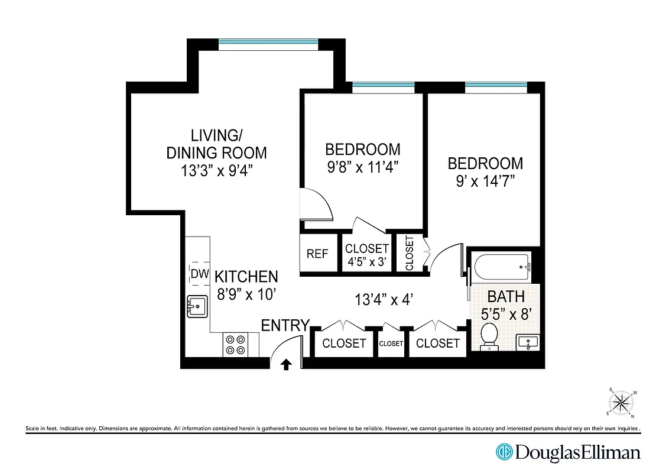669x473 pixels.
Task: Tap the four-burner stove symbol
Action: [x=235, y=345]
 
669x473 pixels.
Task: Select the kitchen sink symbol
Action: [x=198, y=307]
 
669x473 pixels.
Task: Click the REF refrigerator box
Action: [x=317, y=254]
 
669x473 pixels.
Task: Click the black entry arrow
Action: [x=287, y=364]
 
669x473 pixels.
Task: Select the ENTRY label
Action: [x=285, y=325]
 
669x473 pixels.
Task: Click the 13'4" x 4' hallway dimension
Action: [x=383, y=300]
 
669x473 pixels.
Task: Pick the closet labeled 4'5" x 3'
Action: [x=367, y=255]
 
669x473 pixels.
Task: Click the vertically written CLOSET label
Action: [x=410, y=254]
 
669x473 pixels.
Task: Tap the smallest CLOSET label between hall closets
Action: [x=391, y=344]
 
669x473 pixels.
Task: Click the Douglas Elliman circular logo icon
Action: [x=504, y=452]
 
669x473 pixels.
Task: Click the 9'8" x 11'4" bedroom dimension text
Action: [x=363, y=166]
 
